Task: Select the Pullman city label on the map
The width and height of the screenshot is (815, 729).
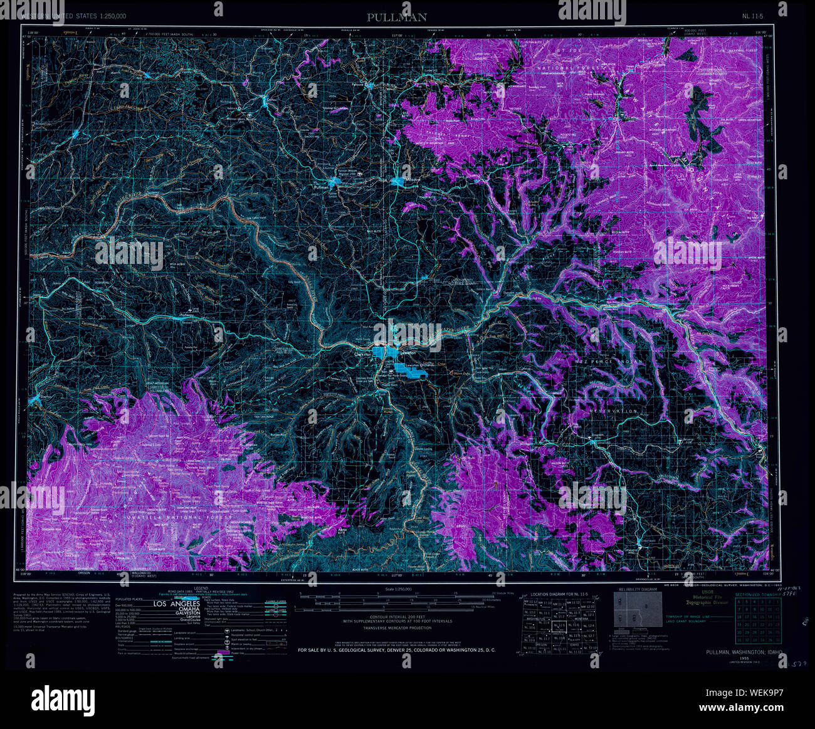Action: pos(321,187)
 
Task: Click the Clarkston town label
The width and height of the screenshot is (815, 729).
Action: pos(362,354)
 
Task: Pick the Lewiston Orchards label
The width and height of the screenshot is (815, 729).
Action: pos(418,364)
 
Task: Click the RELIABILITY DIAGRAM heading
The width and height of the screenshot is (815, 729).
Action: pos(638,590)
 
